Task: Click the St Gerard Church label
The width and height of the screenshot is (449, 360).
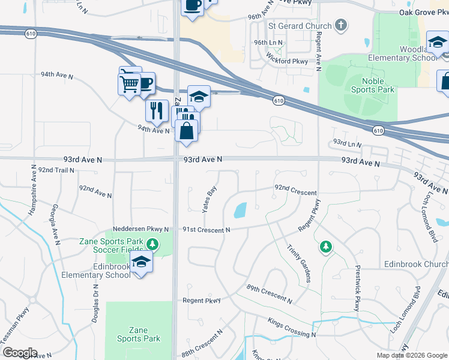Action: click(300, 26)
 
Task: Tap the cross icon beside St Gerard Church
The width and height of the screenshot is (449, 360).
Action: click(341, 25)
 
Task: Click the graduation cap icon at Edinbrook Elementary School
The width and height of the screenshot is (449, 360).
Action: click(141, 262)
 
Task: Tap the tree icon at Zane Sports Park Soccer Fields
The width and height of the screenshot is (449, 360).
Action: click(152, 244)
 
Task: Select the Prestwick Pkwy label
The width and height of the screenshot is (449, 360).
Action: click(357, 288)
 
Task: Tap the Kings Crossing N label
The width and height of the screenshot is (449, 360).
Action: click(292, 328)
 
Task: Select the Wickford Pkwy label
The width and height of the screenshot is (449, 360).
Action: click(289, 61)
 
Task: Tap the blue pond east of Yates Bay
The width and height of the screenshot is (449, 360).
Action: click(240, 210)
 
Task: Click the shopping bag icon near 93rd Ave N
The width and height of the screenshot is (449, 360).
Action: click(187, 130)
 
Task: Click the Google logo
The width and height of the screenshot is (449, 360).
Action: click(19, 353)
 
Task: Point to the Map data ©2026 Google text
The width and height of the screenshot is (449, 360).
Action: click(411, 355)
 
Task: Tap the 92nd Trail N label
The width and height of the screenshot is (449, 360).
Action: click(56, 170)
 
